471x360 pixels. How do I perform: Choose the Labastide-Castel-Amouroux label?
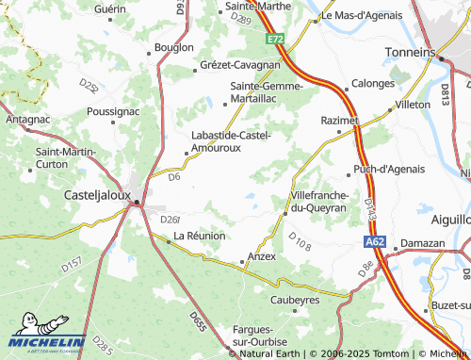(x=231, y=140)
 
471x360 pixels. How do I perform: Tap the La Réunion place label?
(x=199, y=236)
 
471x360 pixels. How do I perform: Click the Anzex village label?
(x=261, y=255)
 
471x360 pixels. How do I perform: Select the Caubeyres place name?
(x=295, y=299)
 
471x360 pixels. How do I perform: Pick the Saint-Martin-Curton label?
(x=65, y=157)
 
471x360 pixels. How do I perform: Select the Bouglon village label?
(x=173, y=46)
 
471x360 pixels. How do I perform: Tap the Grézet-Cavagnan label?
(x=240, y=65)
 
